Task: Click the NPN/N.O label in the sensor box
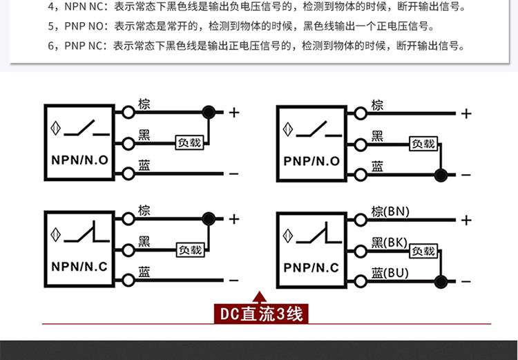(79, 160)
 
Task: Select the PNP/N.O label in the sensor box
(311, 161)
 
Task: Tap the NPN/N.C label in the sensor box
(79, 267)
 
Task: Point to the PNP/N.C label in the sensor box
(311, 268)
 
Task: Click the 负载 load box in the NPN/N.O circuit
(190, 142)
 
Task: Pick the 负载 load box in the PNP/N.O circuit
(423, 144)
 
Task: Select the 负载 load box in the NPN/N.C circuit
(191, 250)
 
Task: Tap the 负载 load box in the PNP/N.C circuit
(423, 252)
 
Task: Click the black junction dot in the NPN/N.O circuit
(209, 113)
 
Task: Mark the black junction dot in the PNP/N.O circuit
(441, 175)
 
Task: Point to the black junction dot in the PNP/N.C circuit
(441, 282)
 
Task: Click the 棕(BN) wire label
(390, 211)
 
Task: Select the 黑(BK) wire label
(389, 243)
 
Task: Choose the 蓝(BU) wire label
(390, 273)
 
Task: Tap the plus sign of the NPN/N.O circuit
(234, 113)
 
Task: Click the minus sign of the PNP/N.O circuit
(466, 175)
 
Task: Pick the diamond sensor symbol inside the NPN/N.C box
(55, 235)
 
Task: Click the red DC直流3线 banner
(261, 314)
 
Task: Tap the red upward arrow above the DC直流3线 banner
(259, 297)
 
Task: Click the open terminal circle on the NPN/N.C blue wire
(128, 281)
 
